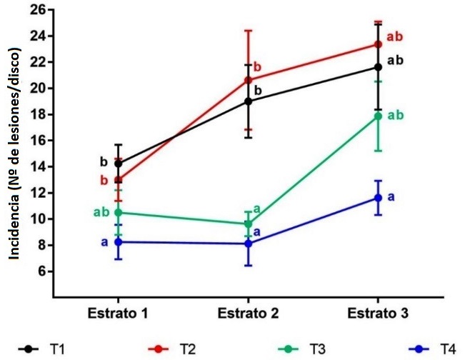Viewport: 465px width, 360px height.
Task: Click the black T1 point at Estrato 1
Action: coord(118,164)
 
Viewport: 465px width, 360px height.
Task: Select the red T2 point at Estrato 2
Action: coord(248,80)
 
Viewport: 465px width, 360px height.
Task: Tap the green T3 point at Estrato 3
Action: coord(379,116)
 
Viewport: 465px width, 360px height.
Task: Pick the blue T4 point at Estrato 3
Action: coord(379,198)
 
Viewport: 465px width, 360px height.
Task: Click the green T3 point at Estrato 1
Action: coord(118,213)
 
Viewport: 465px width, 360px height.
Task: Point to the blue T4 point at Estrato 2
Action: coord(248,244)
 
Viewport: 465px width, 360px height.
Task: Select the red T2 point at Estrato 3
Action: coord(379,44)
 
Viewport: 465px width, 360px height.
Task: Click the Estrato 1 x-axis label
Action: coord(117,314)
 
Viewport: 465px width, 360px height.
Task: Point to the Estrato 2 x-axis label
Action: coord(248,314)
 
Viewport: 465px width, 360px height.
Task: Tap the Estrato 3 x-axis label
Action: coord(378,314)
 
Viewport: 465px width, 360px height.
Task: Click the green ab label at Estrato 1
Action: coord(101,212)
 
